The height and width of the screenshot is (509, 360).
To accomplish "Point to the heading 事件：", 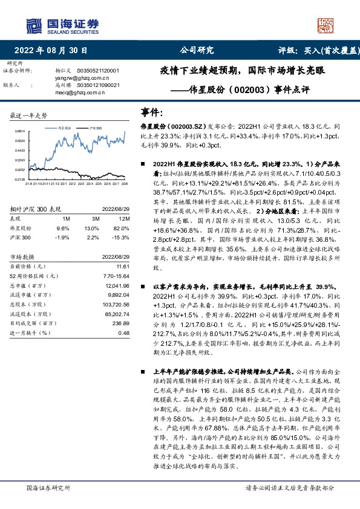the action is tap(152, 112).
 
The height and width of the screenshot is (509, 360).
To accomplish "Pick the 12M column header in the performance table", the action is tap(124, 201).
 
